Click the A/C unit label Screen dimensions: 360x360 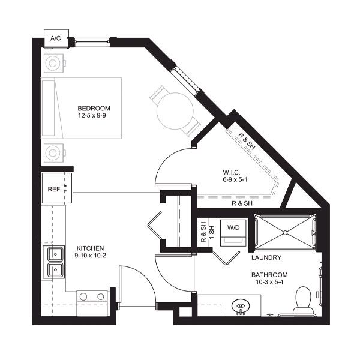tap(56, 38)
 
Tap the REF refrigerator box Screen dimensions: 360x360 tap(56, 188)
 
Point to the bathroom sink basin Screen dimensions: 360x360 tap(241, 307)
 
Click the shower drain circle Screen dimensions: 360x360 tap(285, 233)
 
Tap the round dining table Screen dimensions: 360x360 tap(175, 111)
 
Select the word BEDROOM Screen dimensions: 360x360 tap(94, 108)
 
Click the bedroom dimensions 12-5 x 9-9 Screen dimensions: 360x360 tap(92, 115)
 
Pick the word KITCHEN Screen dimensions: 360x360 tap(90, 248)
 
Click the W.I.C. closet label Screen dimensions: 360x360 tap(232, 172)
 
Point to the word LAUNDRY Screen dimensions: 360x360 tap(266, 257)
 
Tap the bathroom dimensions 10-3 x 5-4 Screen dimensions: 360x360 tap(269, 282)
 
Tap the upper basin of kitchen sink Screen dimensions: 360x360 tap(55, 254)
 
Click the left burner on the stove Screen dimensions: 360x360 tap(83, 296)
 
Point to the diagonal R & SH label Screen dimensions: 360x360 tap(247, 141)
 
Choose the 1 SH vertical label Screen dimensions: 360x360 tap(212, 232)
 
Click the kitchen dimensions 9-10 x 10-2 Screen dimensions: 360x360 tap(91, 256)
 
